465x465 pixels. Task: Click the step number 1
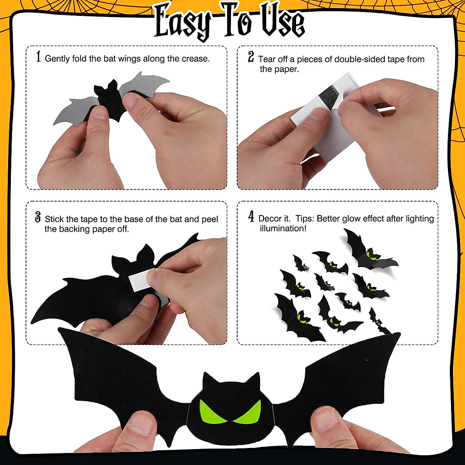(x=38, y=57)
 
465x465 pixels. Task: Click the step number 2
(x=251, y=58)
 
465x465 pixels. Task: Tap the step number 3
(x=38, y=217)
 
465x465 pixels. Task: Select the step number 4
(x=251, y=217)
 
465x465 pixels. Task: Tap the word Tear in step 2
(x=267, y=59)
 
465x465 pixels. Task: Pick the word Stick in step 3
(x=54, y=219)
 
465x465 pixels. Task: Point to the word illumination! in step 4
(x=283, y=229)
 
